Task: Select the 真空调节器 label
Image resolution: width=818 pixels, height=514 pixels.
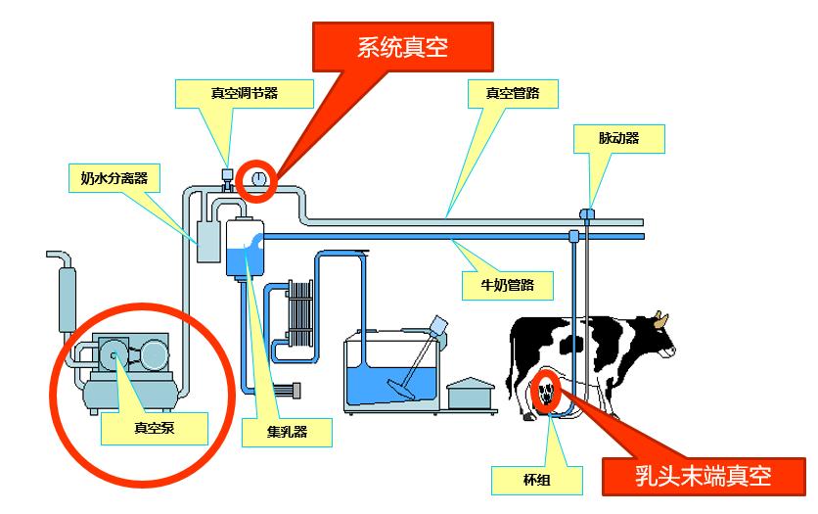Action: point(245,94)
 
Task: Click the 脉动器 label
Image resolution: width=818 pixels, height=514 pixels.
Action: point(619,139)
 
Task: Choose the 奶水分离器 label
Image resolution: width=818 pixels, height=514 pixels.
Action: point(114,178)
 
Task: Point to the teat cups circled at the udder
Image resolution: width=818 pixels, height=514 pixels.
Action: point(546,394)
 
